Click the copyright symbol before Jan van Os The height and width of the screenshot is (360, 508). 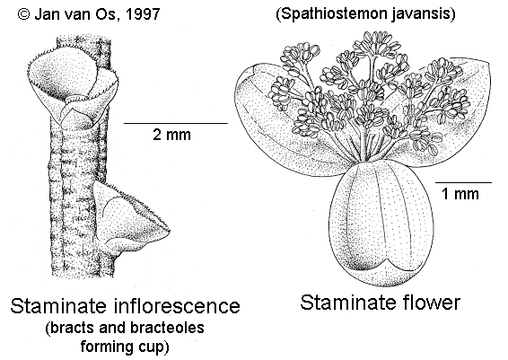pos(23,14)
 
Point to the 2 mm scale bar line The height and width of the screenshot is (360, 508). pos(176,123)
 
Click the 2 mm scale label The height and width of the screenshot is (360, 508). pos(171,135)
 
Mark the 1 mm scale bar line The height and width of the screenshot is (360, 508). pos(463,182)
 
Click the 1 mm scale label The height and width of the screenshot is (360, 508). pos(460,194)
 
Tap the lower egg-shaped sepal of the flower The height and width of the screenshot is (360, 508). pos(381,224)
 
